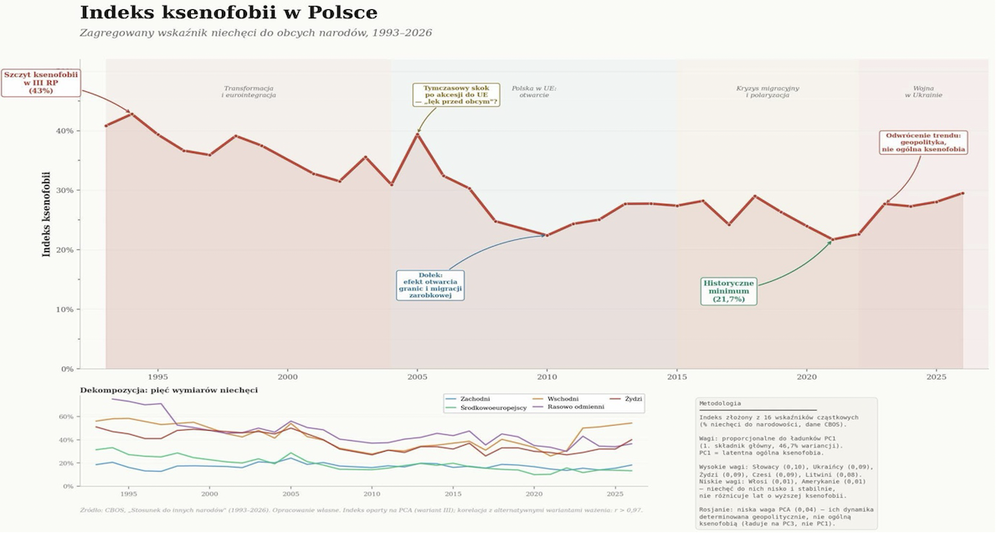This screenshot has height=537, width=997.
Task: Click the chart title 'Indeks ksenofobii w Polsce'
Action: [229, 13]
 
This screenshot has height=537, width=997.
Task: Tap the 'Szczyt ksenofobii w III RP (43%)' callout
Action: [40, 82]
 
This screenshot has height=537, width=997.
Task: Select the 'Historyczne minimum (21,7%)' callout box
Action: [728, 291]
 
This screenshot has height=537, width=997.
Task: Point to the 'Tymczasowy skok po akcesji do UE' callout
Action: [456, 95]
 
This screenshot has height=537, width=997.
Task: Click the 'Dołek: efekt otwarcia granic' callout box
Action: [430, 285]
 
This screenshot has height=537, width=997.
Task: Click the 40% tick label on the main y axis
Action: [64, 131]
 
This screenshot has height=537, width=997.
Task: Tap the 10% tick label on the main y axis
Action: [64, 309]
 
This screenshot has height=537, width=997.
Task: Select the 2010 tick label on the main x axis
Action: [547, 378]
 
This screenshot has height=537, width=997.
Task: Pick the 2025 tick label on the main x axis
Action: [936, 378]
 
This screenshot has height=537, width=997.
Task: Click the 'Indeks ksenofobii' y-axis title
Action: [47, 214]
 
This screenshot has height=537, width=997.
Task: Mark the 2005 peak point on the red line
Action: [417, 134]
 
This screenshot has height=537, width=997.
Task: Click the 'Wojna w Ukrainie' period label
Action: [923, 91]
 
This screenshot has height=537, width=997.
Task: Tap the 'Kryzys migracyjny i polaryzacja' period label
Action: [768, 91]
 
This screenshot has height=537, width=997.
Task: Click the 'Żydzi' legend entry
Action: [633, 399]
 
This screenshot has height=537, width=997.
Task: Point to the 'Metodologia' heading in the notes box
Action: [720, 404]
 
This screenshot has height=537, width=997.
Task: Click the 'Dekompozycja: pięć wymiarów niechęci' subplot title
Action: [168, 390]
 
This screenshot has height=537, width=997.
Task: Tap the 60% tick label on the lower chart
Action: [65, 416]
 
